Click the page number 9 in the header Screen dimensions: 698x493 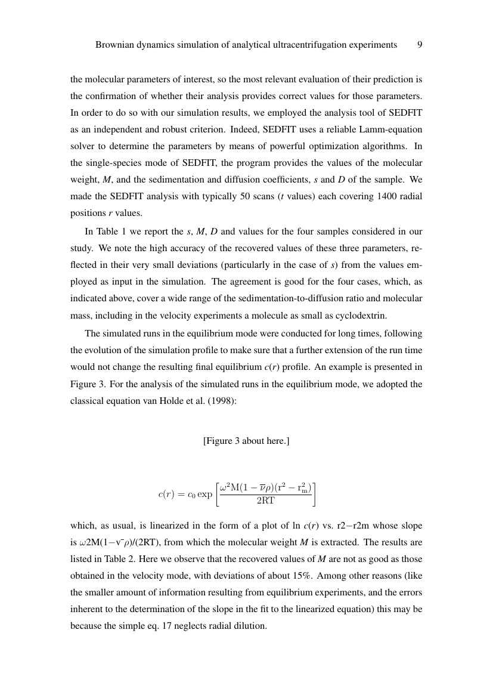420,45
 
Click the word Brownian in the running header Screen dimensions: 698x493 114,45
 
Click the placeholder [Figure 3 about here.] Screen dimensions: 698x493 246,441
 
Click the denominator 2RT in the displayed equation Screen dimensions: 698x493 265,501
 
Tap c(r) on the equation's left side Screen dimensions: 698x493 168,494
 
